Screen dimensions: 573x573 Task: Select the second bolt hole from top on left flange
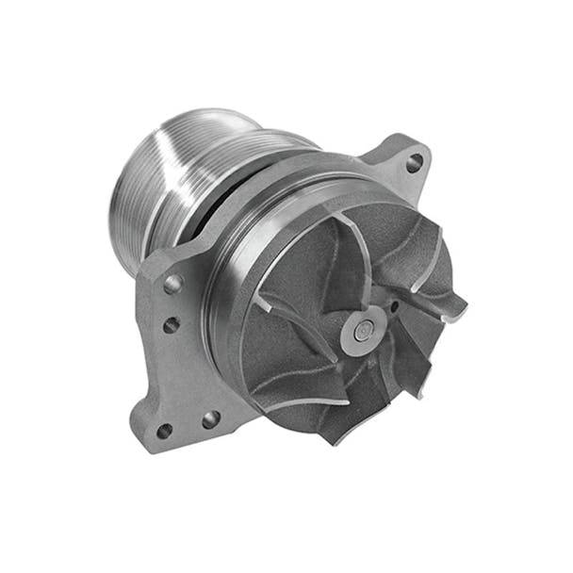[171, 325]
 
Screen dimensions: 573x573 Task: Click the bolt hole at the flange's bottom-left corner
[164, 431]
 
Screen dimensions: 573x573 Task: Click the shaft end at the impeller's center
[362, 325]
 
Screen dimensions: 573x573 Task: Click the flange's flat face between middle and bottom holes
[179, 377]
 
